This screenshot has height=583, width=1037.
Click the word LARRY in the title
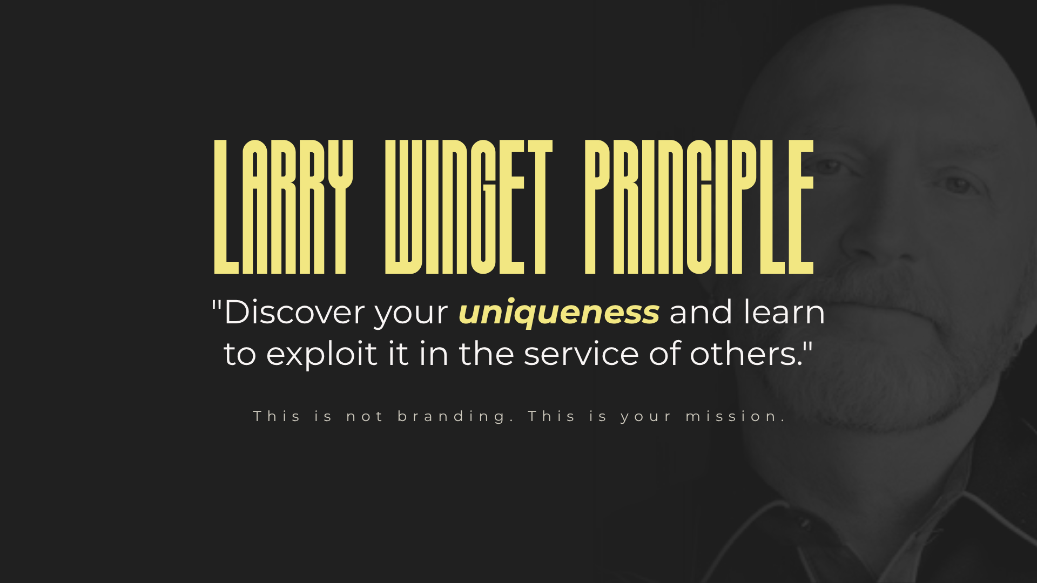(283, 207)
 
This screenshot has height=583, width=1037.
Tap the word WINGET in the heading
(468, 207)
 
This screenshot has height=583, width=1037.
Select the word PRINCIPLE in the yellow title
(699, 207)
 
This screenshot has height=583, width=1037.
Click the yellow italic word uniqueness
(558, 313)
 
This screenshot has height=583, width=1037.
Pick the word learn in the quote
(784, 312)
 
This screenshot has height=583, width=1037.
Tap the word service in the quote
(581, 354)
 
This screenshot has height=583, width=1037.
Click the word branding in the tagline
(451, 417)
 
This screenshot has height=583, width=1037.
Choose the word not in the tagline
(365, 417)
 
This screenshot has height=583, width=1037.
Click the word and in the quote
(701, 312)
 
